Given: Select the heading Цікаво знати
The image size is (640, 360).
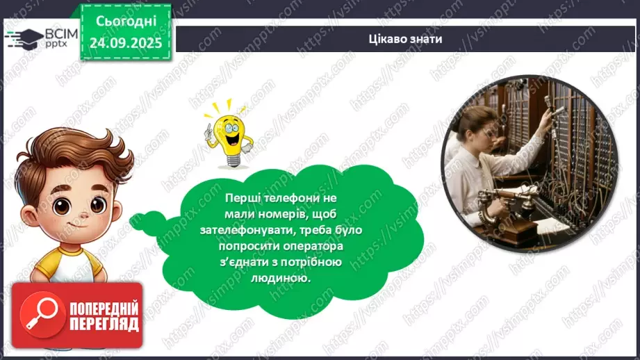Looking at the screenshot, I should (x=405, y=39).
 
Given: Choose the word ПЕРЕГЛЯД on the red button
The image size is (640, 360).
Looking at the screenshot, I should (x=104, y=324).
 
